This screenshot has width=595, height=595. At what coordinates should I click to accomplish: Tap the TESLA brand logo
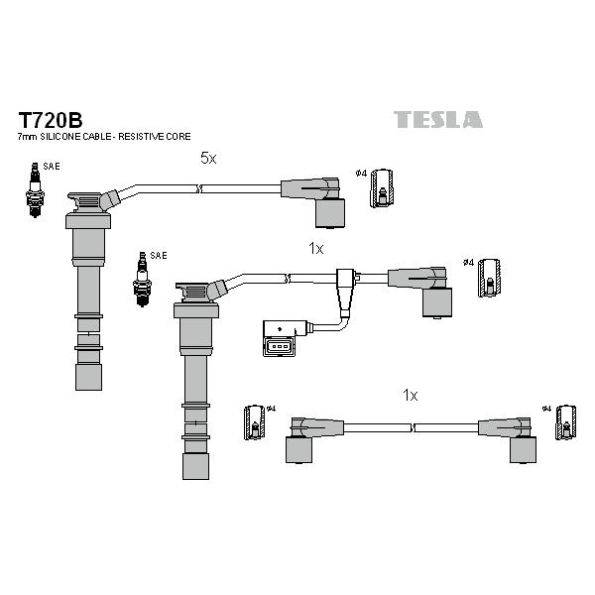pos(438,120)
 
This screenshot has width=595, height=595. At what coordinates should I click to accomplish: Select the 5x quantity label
pos(207,158)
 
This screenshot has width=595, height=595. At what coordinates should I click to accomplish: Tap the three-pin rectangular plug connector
pos(277,338)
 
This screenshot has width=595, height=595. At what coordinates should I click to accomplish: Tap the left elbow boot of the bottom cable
pos(301,437)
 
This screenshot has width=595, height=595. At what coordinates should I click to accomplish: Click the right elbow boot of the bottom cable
pos(516,437)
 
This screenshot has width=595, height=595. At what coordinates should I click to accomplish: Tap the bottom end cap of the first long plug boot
pos(88,376)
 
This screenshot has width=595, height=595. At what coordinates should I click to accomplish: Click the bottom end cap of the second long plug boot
pos(195,465)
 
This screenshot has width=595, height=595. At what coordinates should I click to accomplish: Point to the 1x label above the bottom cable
pos(411,395)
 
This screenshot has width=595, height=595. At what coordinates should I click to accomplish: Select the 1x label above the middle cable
pos(316,248)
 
